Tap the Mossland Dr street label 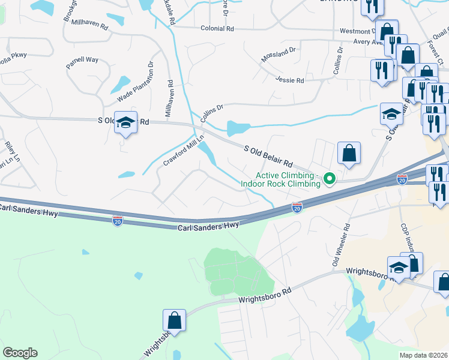tap(279, 55)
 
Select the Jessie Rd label tap(290, 80)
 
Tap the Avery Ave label tap(369, 42)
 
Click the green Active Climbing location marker tap(329, 178)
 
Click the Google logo tap(20, 353)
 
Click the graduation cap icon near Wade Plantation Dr tap(126, 122)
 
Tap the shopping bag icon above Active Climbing tap(349, 153)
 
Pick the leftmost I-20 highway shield tap(118, 221)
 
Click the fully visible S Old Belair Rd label tap(268, 155)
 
